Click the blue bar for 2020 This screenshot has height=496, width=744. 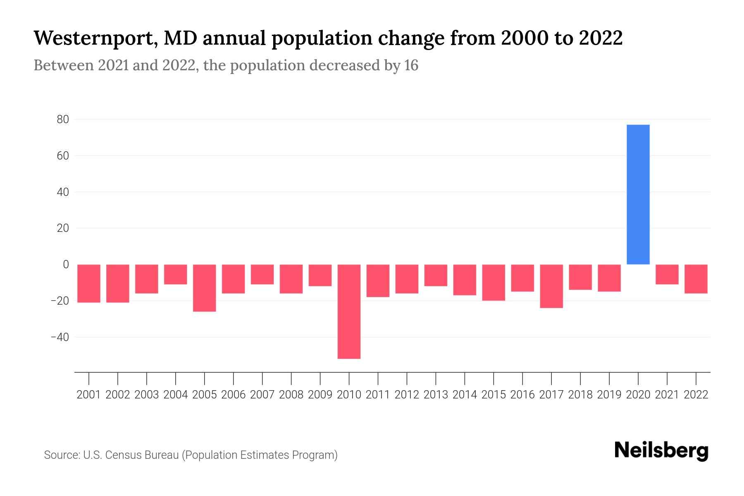[x=638, y=194]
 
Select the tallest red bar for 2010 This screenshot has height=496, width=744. [x=349, y=311]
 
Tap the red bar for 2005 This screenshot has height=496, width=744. [x=204, y=288]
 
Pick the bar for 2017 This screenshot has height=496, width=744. [x=551, y=286]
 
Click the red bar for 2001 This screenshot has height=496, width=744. [x=89, y=283]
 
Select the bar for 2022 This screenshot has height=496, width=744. [x=696, y=279]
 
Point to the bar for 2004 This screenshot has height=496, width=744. [x=175, y=274]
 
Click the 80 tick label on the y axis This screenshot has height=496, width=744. [x=63, y=119]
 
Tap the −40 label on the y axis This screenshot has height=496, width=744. [x=60, y=337]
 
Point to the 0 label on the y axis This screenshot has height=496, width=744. [x=66, y=265]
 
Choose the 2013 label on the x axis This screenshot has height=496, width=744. [x=436, y=395]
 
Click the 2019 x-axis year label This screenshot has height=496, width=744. [x=609, y=395]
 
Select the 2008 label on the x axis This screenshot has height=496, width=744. [x=291, y=395]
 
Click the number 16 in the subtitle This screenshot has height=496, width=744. [x=411, y=65]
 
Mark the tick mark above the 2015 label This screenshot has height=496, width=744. [x=494, y=378]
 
